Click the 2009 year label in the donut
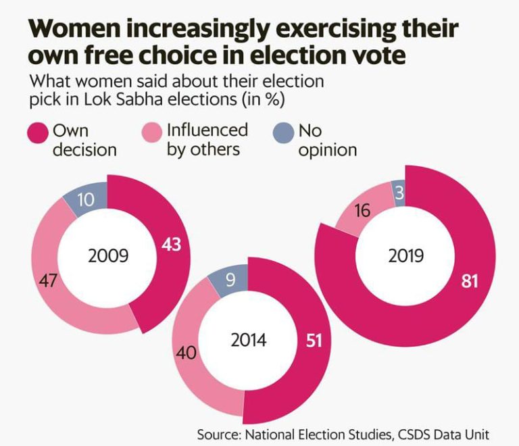click(108, 257)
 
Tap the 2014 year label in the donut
click(248, 339)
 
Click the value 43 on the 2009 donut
click(171, 245)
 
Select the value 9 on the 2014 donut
click(230, 279)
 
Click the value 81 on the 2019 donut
click(468, 280)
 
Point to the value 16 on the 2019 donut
click(362, 211)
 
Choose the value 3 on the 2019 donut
click(400, 193)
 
